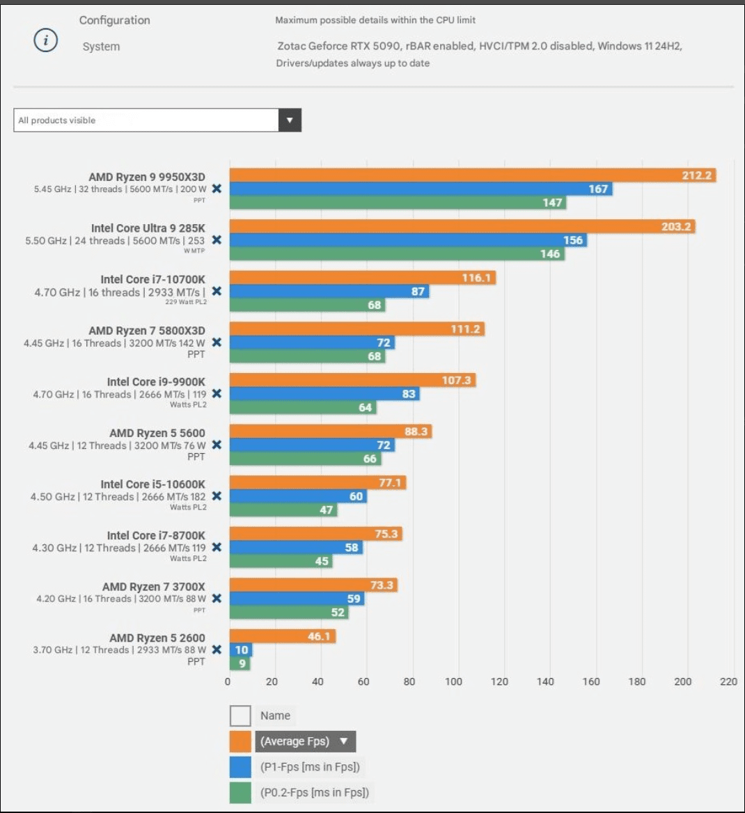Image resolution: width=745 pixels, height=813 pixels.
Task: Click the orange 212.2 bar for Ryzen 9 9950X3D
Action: (472, 175)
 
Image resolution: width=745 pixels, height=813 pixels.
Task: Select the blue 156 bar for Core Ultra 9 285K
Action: (408, 240)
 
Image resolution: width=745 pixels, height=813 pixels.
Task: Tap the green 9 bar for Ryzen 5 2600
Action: (240, 663)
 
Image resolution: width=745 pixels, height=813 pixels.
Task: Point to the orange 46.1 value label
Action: (319, 636)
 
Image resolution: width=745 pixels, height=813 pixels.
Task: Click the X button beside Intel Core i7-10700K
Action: (217, 291)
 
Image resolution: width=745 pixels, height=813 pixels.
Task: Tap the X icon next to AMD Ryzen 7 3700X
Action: (217, 599)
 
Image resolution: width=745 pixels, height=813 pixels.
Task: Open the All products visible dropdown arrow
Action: (290, 120)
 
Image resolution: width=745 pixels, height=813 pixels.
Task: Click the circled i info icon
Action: (46, 40)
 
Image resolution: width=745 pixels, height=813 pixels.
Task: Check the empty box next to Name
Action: (240, 716)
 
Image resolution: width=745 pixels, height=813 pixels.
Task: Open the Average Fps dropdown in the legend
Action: (306, 741)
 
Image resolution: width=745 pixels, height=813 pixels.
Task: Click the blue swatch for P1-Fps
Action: (240, 767)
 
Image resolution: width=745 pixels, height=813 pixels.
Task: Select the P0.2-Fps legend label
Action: (315, 792)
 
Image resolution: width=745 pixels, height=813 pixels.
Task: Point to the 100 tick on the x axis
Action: (454, 682)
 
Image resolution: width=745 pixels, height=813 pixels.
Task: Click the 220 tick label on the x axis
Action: (728, 682)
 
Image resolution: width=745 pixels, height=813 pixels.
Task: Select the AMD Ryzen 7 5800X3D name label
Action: (147, 331)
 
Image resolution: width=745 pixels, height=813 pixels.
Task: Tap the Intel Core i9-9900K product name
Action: (156, 381)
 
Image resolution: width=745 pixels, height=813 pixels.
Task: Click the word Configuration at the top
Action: (115, 20)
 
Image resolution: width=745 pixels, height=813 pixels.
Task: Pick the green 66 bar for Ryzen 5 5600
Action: (305, 459)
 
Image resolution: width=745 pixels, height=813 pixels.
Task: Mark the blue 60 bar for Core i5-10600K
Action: (298, 496)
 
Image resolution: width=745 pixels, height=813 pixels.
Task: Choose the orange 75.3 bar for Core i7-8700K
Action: (316, 534)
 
